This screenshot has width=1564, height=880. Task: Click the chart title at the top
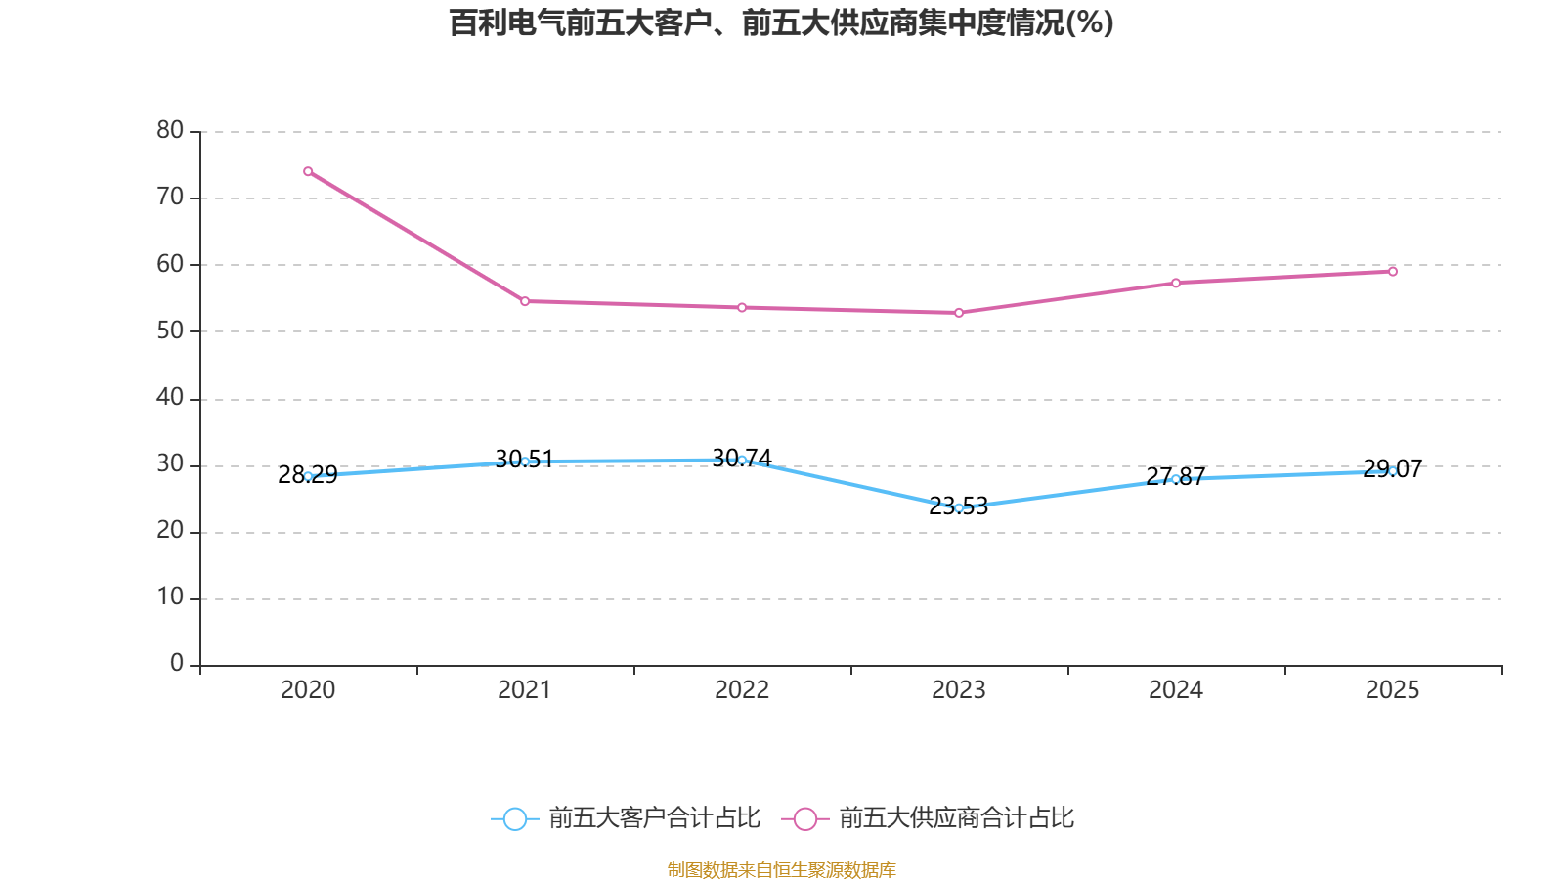(781, 22)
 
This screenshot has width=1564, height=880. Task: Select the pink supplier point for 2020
(308, 171)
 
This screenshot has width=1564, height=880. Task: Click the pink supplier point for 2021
(525, 301)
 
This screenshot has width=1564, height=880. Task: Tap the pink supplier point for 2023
(959, 313)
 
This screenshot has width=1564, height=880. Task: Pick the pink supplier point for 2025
(1393, 271)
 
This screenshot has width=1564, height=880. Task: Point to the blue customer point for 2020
(308, 476)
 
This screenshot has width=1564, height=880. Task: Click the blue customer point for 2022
(742, 460)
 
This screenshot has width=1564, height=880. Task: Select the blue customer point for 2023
(959, 507)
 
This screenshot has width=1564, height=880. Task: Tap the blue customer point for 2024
(1176, 479)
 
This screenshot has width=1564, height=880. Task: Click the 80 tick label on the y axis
(170, 130)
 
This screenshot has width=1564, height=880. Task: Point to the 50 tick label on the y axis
(170, 330)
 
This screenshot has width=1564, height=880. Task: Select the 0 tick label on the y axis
(177, 664)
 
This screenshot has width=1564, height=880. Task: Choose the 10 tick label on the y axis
(170, 597)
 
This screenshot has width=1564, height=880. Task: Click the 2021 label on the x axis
(525, 690)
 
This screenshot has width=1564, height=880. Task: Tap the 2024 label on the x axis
(1176, 690)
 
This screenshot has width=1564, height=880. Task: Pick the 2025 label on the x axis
(1393, 690)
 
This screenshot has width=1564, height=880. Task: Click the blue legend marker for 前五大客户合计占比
(514, 818)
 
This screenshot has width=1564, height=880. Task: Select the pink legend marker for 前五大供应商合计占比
(804, 818)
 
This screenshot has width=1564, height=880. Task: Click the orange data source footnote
(781, 869)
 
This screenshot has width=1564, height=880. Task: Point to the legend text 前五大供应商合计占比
(956, 818)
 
